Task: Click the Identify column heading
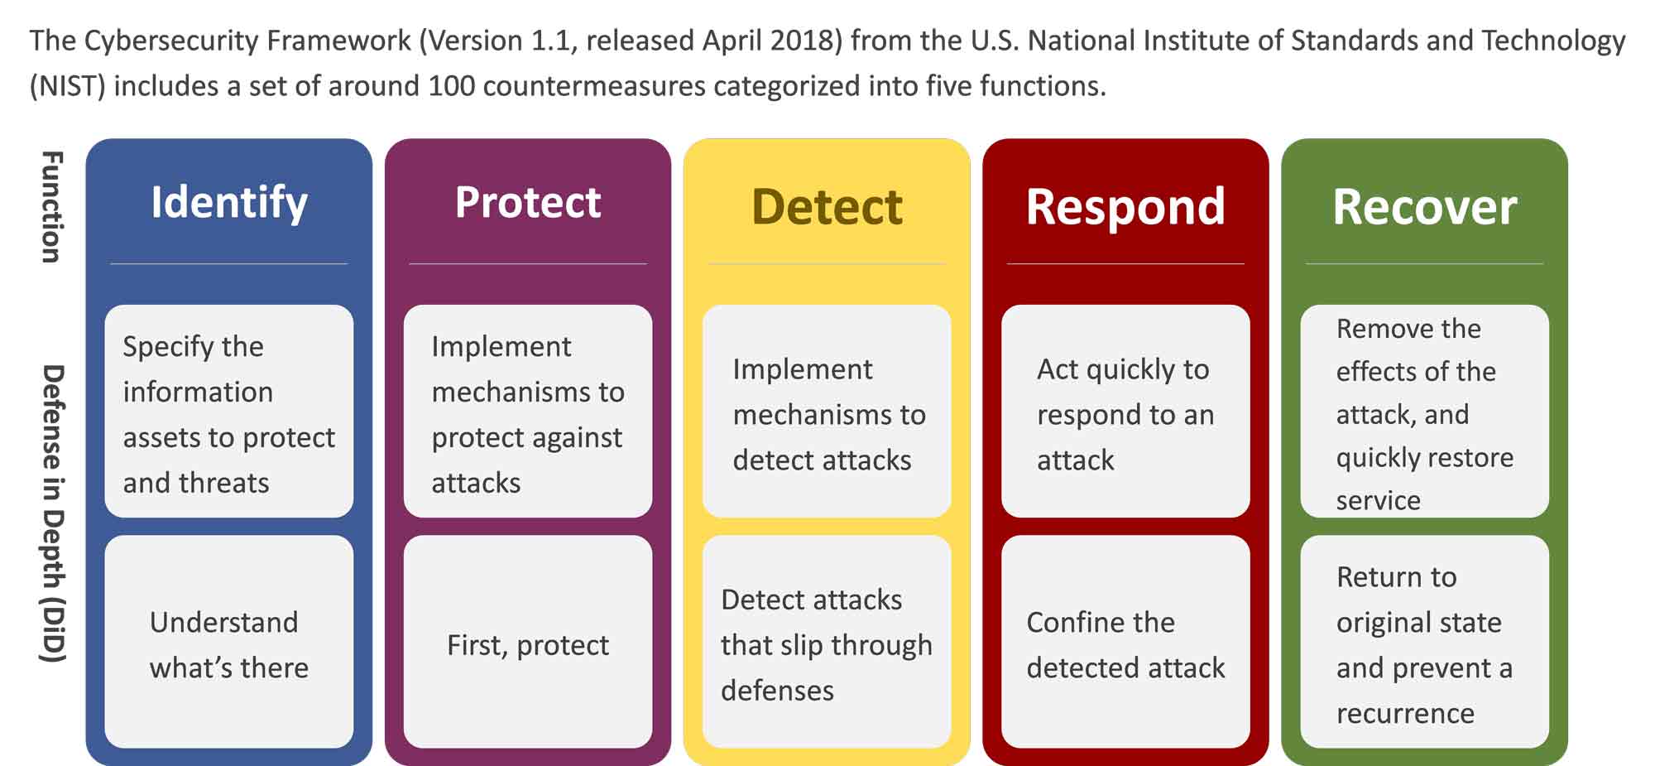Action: pyautogui.click(x=229, y=204)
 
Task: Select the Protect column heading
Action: pyautogui.click(x=528, y=204)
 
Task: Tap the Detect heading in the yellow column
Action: pyautogui.click(x=827, y=207)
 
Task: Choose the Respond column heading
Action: pyautogui.click(x=1125, y=207)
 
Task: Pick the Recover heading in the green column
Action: pyautogui.click(x=1424, y=207)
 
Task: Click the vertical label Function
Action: pyautogui.click(x=51, y=207)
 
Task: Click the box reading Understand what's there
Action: pyautogui.click(x=229, y=643)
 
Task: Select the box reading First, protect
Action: pyautogui.click(x=528, y=643)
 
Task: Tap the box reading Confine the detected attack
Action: pyautogui.click(x=1125, y=643)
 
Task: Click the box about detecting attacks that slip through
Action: pyautogui.click(x=827, y=643)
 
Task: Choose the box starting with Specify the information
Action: pyautogui.click(x=229, y=412)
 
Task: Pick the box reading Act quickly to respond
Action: pyautogui.click(x=1125, y=412)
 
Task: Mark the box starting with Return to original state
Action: pyautogui.click(x=1424, y=643)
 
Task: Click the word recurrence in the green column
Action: pyautogui.click(x=1405, y=713)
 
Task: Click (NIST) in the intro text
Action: pyautogui.click(x=68, y=86)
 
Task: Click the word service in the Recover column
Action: pyautogui.click(x=1378, y=500)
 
